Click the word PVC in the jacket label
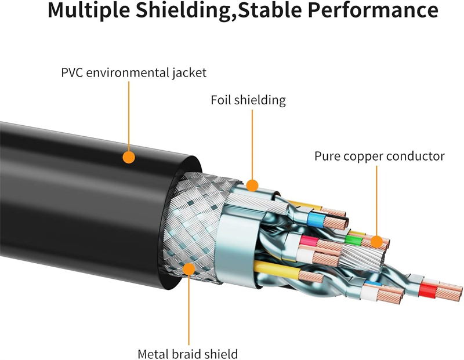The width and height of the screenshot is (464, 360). pyautogui.click(x=73, y=73)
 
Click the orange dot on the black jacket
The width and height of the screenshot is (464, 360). pyautogui.click(x=129, y=157)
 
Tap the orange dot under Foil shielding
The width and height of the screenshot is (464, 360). pyautogui.click(x=252, y=186)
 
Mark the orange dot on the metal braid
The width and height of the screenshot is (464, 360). pyautogui.click(x=188, y=268)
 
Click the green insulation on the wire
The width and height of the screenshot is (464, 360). pyautogui.click(x=350, y=238)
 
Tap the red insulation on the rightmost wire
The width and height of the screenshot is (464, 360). pyautogui.click(x=428, y=288)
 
